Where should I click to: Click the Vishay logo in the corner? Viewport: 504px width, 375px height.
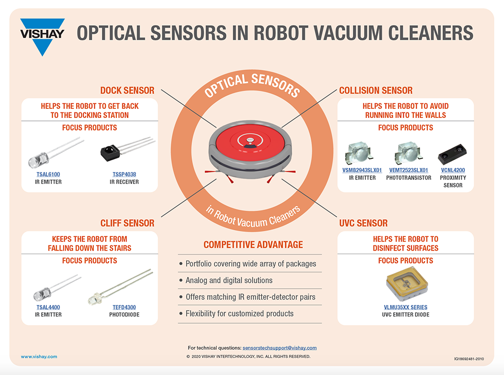click(x=42, y=35)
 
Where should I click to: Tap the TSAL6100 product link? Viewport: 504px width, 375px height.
click(x=48, y=174)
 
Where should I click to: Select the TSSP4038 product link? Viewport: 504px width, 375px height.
click(x=124, y=174)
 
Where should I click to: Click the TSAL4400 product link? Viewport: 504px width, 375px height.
click(x=48, y=307)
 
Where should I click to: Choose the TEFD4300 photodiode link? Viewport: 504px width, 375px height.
click(x=124, y=307)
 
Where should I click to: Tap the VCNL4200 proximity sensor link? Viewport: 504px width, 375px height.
click(x=453, y=170)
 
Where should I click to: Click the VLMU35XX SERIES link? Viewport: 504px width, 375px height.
click(x=405, y=307)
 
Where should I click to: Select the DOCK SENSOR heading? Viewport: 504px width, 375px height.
click(x=127, y=91)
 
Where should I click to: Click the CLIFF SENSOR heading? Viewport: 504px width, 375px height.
click(x=127, y=223)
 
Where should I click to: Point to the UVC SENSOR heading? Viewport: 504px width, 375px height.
click(x=363, y=223)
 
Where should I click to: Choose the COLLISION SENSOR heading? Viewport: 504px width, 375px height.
click(x=375, y=91)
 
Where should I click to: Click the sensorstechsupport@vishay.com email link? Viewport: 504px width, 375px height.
click(x=279, y=348)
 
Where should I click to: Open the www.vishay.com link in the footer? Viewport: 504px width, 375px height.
click(x=39, y=356)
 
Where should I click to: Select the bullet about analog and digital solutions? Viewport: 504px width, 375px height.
click(x=229, y=280)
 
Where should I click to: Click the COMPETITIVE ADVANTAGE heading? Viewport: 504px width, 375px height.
click(x=253, y=245)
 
